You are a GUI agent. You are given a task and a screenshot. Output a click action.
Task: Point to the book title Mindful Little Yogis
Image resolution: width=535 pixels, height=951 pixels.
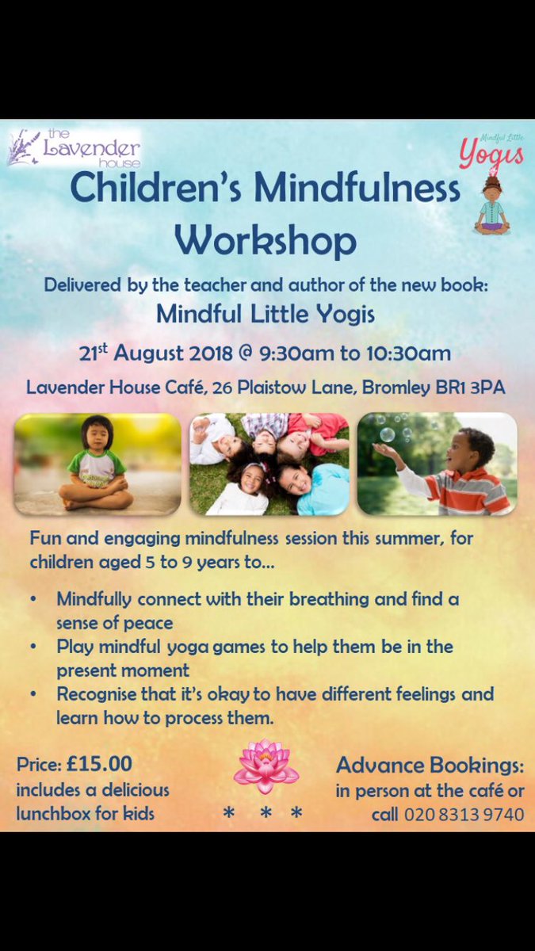pos(266,313)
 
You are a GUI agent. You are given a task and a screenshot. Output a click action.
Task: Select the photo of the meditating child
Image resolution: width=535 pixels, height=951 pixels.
pos(97,464)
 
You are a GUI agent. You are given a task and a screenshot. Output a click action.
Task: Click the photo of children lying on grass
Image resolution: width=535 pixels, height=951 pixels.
pos(269,464)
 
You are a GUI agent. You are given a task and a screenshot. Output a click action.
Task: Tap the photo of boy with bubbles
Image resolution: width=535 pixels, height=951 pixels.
pos(437,464)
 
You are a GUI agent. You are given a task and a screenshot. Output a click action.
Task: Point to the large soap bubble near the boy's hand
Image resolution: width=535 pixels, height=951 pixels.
pos(387,433)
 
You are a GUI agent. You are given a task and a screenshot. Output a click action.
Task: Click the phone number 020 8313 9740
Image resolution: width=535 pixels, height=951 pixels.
pos(464,814)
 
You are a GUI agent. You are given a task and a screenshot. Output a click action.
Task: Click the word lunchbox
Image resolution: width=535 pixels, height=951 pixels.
pos(53,814)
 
